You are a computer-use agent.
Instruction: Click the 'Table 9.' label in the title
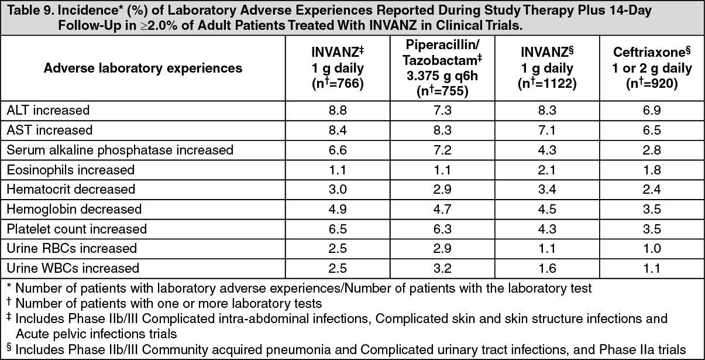27,12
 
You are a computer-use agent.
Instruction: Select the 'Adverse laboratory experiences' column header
143,68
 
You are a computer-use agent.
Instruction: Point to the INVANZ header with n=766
337,68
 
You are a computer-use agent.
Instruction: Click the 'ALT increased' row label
48,109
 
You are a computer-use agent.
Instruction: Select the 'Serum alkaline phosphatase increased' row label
120,150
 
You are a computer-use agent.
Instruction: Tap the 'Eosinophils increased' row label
71,170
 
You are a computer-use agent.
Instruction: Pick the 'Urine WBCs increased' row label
73,269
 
